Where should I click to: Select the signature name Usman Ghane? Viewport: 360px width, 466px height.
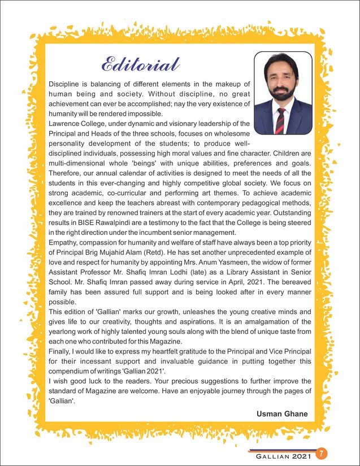pyautogui.click(x=282, y=414)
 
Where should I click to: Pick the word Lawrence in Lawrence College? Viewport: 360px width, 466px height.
pyautogui.click(x=68, y=123)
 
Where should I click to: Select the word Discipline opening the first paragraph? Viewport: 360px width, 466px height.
pyautogui.click(x=67, y=82)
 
